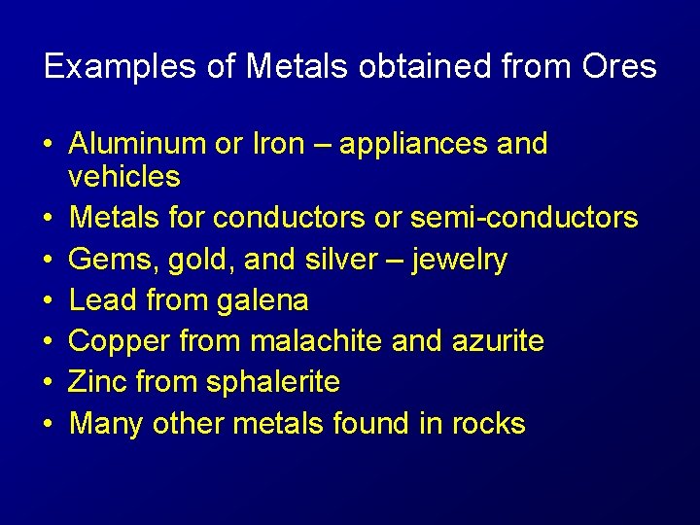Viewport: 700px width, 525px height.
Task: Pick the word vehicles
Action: click(124, 177)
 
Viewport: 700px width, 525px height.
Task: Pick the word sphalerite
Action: click(273, 383)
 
